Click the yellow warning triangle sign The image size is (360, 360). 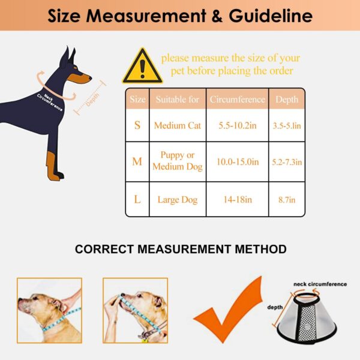[142, 67]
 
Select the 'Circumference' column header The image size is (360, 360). [238, 100]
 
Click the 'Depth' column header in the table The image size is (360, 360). [287, 100]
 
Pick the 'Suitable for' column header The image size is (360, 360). [178, 100]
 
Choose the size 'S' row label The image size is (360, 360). [137, 125]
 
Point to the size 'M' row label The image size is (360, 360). [137, 161]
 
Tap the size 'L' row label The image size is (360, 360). [137, 199]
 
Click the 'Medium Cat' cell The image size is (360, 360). [178, 125]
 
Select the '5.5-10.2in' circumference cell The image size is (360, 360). [238, 125]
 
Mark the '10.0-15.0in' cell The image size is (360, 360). [238, 162]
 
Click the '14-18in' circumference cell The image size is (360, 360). [238, 200]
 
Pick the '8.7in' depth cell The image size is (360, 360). [287, 200]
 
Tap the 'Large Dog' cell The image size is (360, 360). [178, 200]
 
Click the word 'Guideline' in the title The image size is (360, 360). [271, 16]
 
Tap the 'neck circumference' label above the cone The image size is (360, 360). [320, 284]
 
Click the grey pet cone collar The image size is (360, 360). [307, 318]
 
